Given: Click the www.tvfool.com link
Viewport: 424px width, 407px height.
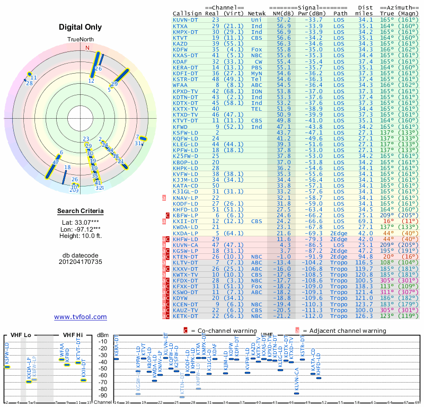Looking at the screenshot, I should [80, 317].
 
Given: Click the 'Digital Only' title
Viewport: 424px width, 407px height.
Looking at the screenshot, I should [80, 27].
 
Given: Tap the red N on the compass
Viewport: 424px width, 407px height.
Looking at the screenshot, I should [87, 47].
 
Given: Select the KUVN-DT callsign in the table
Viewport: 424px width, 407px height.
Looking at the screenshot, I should [185, 20].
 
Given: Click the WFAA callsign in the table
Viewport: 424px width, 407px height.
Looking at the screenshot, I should [180, 84].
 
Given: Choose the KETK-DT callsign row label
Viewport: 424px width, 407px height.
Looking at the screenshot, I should [185, 316].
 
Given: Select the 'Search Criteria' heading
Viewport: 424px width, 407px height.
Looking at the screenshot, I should [80, 211].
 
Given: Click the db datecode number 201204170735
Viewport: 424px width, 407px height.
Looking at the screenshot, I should [80, 262].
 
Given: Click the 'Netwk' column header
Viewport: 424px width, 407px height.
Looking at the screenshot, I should [257, 13].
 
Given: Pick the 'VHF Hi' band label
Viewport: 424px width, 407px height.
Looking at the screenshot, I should [73, 335].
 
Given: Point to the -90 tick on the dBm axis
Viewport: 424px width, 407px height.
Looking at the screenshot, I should [103, 395].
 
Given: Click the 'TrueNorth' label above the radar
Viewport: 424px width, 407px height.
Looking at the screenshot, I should [80, 40].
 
